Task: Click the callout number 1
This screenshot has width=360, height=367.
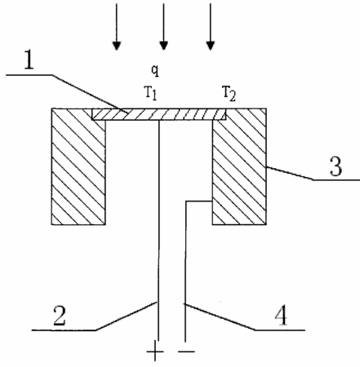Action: coord(29,60)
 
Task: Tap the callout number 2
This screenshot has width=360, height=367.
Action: coord(60,316)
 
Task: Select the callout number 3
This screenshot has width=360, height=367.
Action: coord(336,166)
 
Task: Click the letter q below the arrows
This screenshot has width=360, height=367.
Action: coord(155,70)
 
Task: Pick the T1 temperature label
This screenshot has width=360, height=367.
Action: coord(150,93)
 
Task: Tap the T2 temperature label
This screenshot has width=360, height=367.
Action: coord(229,94)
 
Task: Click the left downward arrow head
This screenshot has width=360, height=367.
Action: coord(117,46)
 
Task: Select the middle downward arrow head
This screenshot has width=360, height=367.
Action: coord(163,46)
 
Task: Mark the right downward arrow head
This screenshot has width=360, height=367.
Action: coord(211,46)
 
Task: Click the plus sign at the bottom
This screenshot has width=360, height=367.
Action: coord(155,352)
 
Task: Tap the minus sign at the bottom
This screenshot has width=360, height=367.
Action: coord(187,352)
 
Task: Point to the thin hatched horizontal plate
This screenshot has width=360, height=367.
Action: coord(159,114)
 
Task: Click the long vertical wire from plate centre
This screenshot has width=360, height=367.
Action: coord(158,231)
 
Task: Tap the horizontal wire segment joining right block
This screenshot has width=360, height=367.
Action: coord(199,201)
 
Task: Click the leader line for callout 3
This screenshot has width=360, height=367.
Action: coord(313,174)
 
